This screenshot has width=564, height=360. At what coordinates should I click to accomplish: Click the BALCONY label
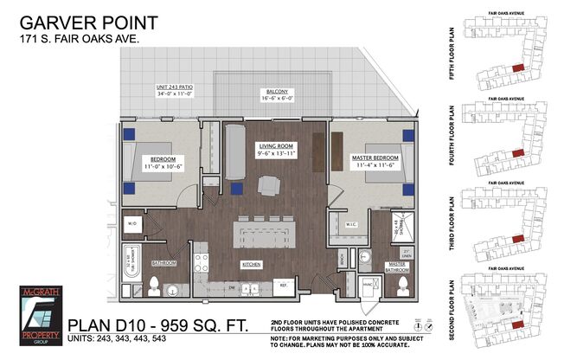tap(275, 95)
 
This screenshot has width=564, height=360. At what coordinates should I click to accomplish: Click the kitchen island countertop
tap(263, 234)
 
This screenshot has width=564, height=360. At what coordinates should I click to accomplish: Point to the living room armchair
tap(269, 184)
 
